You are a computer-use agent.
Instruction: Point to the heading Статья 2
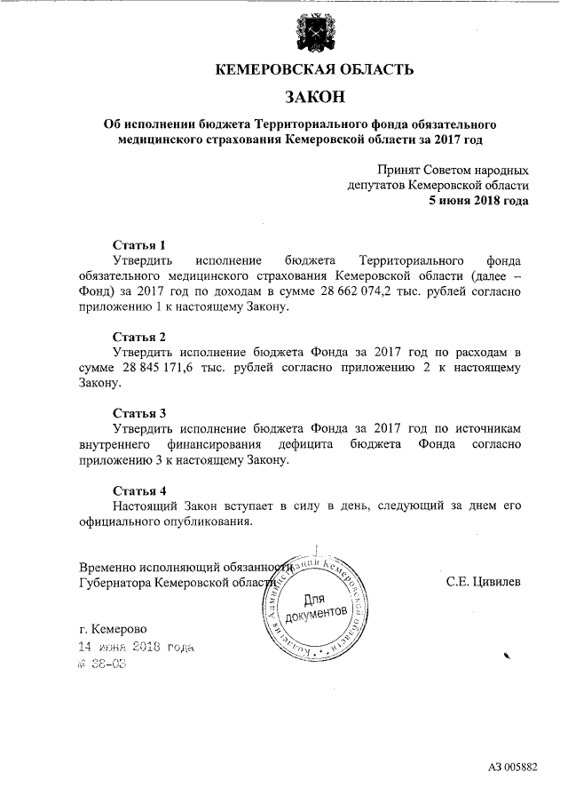(139, 337)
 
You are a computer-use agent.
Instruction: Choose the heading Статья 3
(139, 413)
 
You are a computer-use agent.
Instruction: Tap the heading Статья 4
(139, 490)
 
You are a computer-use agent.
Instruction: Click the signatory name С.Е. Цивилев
(483, 583)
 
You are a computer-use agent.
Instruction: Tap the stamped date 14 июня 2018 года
(137, 648)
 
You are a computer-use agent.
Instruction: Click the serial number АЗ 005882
(512, 767)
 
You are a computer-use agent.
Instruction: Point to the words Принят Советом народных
(453, 170)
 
